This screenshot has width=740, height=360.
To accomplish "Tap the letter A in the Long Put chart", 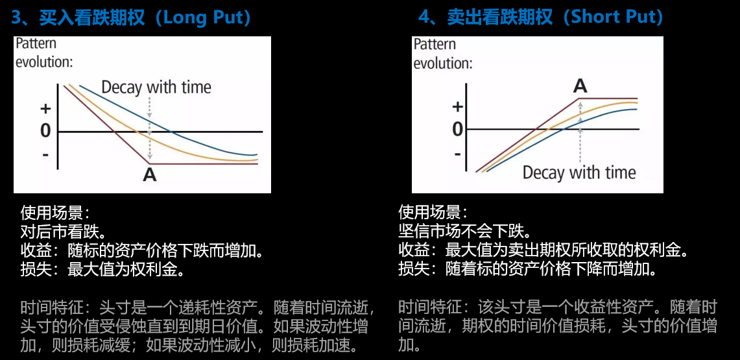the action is coord(150,175).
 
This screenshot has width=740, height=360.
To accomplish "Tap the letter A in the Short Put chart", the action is coord(580,86).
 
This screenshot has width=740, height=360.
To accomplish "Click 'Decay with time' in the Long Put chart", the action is coord(157,87).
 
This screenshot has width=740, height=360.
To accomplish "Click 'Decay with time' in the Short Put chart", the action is coord(579,172).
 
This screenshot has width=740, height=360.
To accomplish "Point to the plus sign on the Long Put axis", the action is coord(46,109).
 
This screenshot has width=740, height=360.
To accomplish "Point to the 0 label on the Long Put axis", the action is coord(45,131).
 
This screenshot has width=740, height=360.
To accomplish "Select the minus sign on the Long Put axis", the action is coord(45,154).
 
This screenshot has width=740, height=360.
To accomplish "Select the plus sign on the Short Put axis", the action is coord(457,106).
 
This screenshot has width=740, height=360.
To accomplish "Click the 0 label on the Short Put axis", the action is coord(457,129).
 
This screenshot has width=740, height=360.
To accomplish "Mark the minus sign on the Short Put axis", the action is coord(457,153).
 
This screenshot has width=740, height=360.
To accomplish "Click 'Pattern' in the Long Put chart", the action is coord(36,44).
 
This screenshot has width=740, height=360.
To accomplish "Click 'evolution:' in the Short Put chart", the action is coord(443,63).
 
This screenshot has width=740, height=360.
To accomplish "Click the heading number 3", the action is coord(16,18).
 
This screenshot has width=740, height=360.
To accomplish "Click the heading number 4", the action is coord(424,18).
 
